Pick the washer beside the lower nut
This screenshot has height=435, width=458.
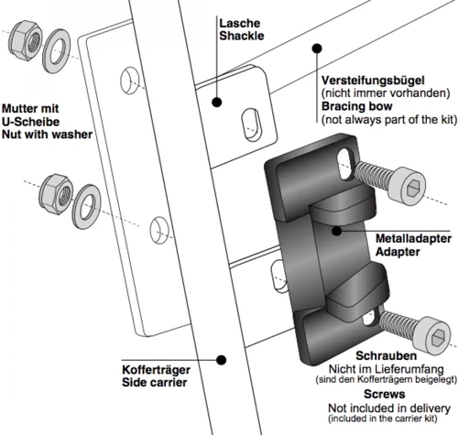[x=86, y=196]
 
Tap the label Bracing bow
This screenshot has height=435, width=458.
[x=354, y=107]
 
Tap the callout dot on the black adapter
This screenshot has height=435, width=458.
[x=337, y=231]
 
